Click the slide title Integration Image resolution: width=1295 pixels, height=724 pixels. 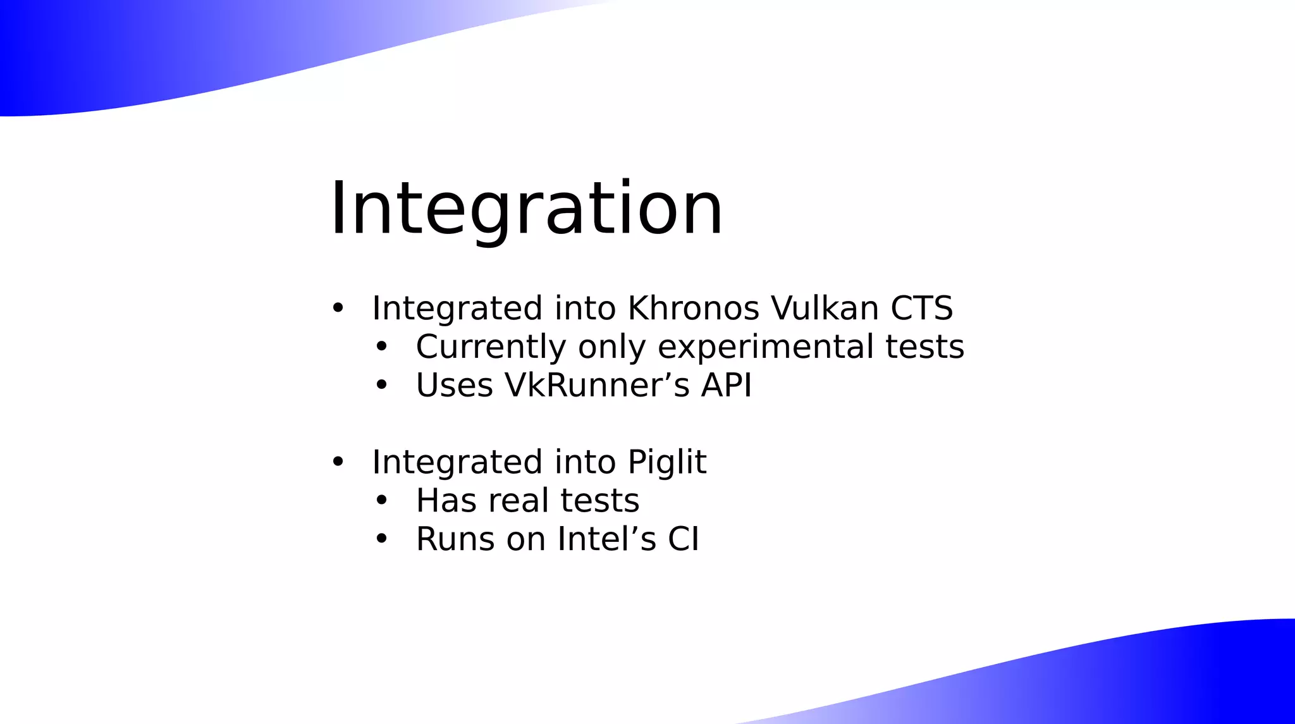(x=526, y=209)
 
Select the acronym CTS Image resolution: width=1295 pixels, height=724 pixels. (x=921, y=309)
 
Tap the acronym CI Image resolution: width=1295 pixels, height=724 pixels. (x=684, y=539)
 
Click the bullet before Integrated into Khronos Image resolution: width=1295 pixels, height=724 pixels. (x=338, y=309)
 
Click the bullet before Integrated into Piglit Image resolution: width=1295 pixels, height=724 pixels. (x=338, y=462)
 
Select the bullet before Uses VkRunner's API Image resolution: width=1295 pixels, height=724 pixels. (x=381, y=385)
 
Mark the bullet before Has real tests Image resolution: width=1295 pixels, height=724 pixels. (x=381, y=501)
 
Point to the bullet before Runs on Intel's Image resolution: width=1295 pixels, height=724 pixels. (x=381, y=539)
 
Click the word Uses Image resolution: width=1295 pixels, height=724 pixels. (x=454, y=386)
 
